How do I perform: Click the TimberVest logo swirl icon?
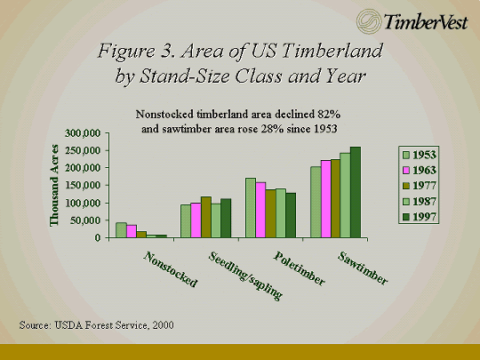point(368,21)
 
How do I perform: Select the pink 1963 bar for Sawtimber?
point(325,199)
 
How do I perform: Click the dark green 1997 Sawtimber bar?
point(356,192)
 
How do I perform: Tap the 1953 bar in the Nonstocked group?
point(121,230)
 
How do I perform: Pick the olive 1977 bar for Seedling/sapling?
point(205,217)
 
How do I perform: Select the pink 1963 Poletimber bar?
point(260,210)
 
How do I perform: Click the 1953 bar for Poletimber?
point(251,207)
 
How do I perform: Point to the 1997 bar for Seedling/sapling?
point(226,219)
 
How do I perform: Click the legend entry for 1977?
point(419,186)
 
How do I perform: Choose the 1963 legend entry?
point(419,170)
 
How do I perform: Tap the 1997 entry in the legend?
point(419,217)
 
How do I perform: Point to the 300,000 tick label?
point(83,133)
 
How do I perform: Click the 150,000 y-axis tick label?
point(83,186)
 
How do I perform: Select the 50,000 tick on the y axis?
point(85,220)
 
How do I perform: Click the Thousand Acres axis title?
point(54,186)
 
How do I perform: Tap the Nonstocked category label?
point(170,269)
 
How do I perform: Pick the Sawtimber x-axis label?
point(363,268)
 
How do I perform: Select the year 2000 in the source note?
point(164,325)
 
